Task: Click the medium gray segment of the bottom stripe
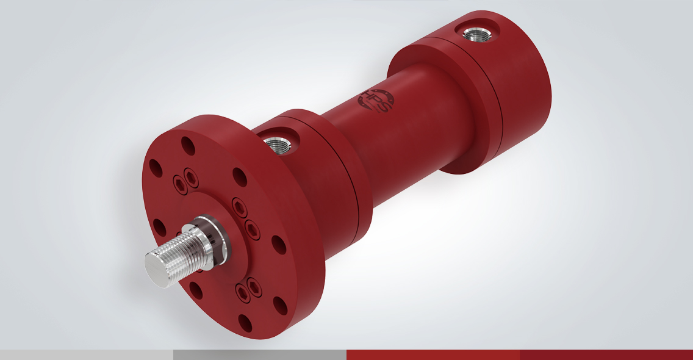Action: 260,355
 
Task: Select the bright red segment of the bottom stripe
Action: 433,355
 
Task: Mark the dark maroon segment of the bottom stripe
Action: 606,355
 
